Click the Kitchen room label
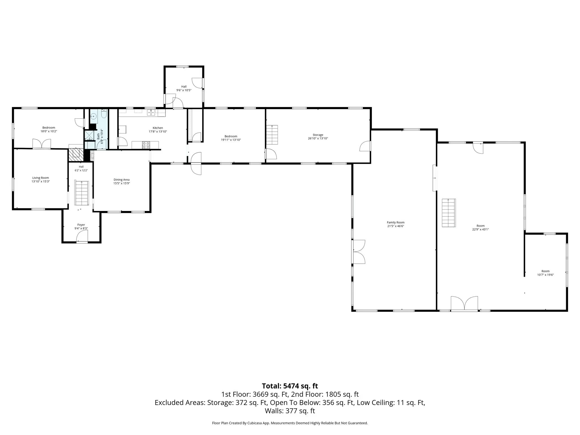coord(158,128)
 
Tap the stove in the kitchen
coord(146,145)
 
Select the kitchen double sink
coord(151,113)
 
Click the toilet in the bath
coord(103,115)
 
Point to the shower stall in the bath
coord(89,135)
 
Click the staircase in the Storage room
coord(272,135)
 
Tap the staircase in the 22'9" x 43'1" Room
coord(449,213)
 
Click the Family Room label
coord(396,223)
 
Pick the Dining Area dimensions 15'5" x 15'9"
coord(122,183)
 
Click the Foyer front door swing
coord(82,236)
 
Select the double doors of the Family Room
coord(359,252)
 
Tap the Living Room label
coord(40,178)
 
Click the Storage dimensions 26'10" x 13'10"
coord(318,138)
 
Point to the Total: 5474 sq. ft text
coord(290,386)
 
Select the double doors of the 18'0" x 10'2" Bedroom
coord(42,144)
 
